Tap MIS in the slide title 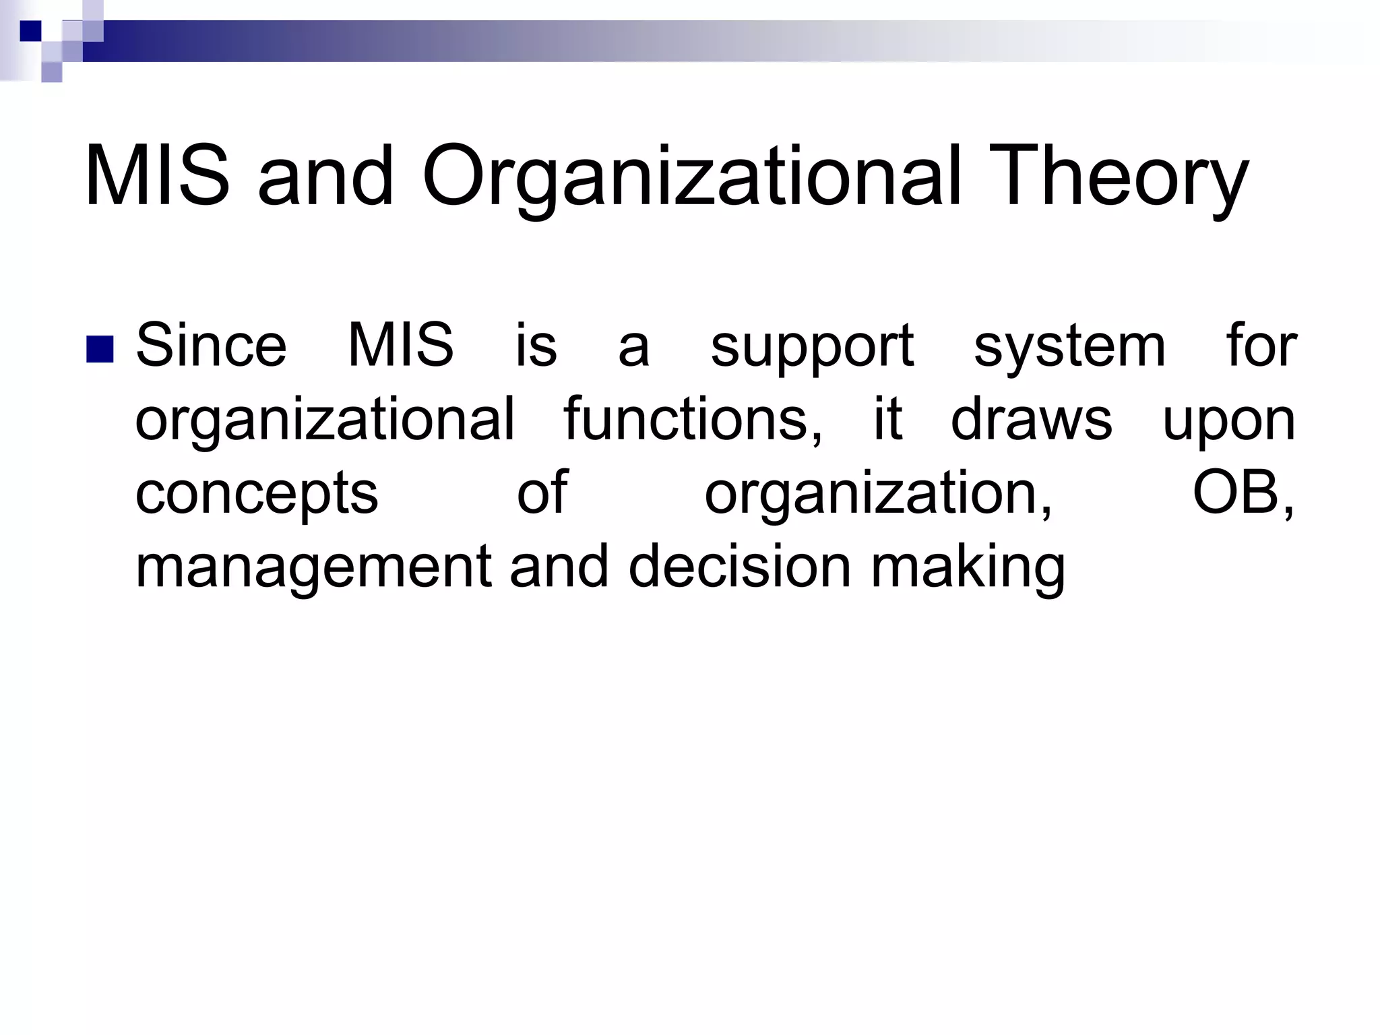[x=157, y=177]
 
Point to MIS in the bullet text [x=400, y=346]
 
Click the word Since [x=212, y=346]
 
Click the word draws [x=1032, y=419]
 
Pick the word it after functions [x=887, y=419]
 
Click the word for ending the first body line [x=1261, y=346]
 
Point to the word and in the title [x=325, y=177]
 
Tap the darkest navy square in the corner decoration [x=31, y=30]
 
